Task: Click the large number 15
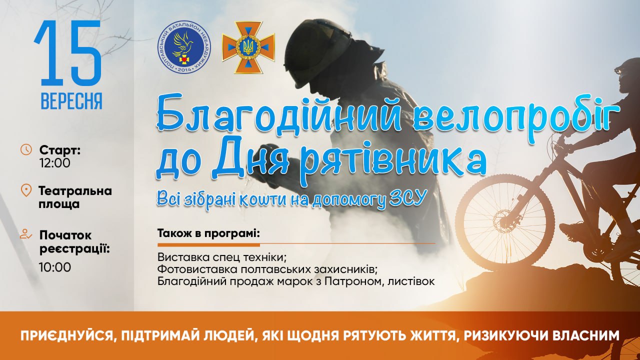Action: click(68, 53)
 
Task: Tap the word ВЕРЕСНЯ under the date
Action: click(71, 101)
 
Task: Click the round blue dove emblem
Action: click(184, 47)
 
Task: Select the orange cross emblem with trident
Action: click(248, 47)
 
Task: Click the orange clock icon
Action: click(26, 149)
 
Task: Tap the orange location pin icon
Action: click(26, 190)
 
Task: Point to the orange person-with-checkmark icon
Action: click(26, 234)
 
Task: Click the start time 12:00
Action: click(55, 163)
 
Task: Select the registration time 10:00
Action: click(55, 267)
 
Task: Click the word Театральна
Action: click(75, 191)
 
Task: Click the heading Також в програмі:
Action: click(208, 234)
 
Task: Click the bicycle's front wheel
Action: click(505, 223)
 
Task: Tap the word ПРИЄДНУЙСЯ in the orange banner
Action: click(67, 335)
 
